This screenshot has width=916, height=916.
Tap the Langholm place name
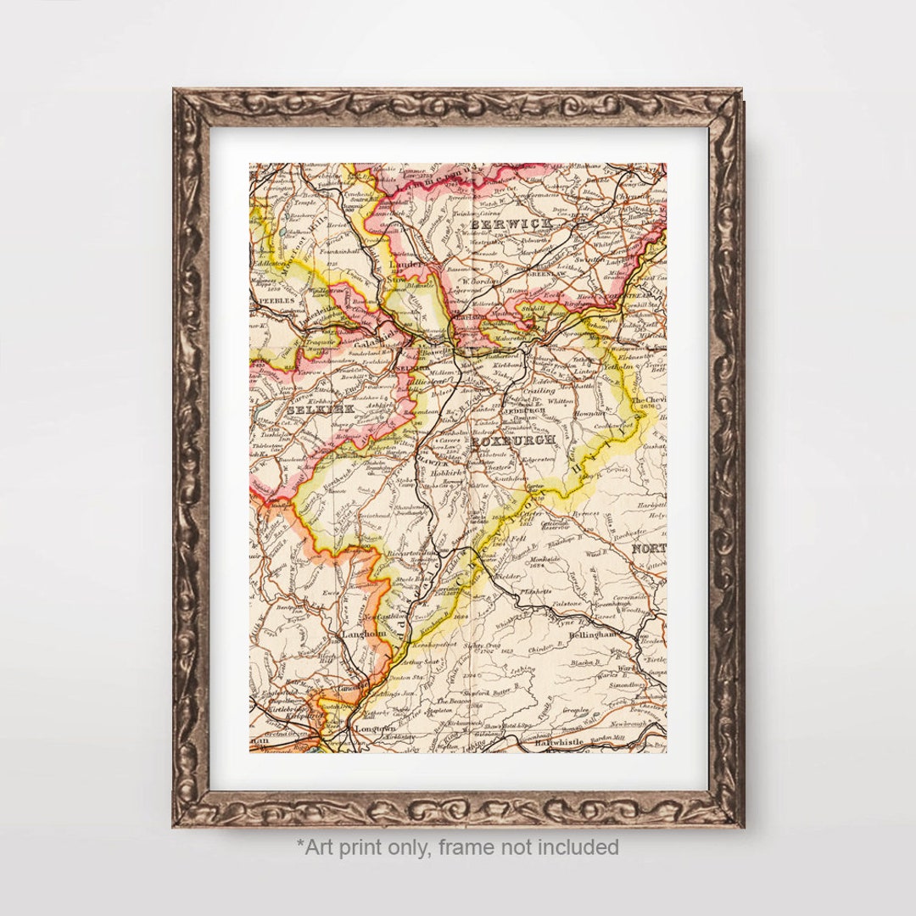pyautogui.click(x=363, y=634)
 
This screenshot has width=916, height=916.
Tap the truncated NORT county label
pyautogui.click(x=648, y=549)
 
